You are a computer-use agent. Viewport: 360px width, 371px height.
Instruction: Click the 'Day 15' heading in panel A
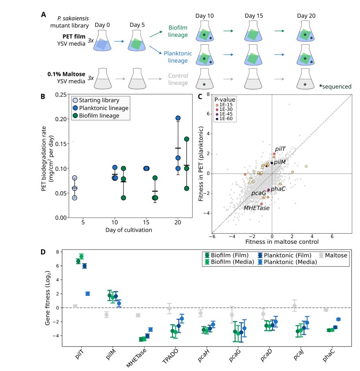tap(254, 16)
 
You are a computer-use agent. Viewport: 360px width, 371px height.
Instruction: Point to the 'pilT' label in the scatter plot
tap(280, 149)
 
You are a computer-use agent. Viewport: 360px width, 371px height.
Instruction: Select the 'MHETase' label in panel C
tap(256, 208)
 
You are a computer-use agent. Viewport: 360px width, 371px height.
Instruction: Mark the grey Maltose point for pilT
tap(75, 306)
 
